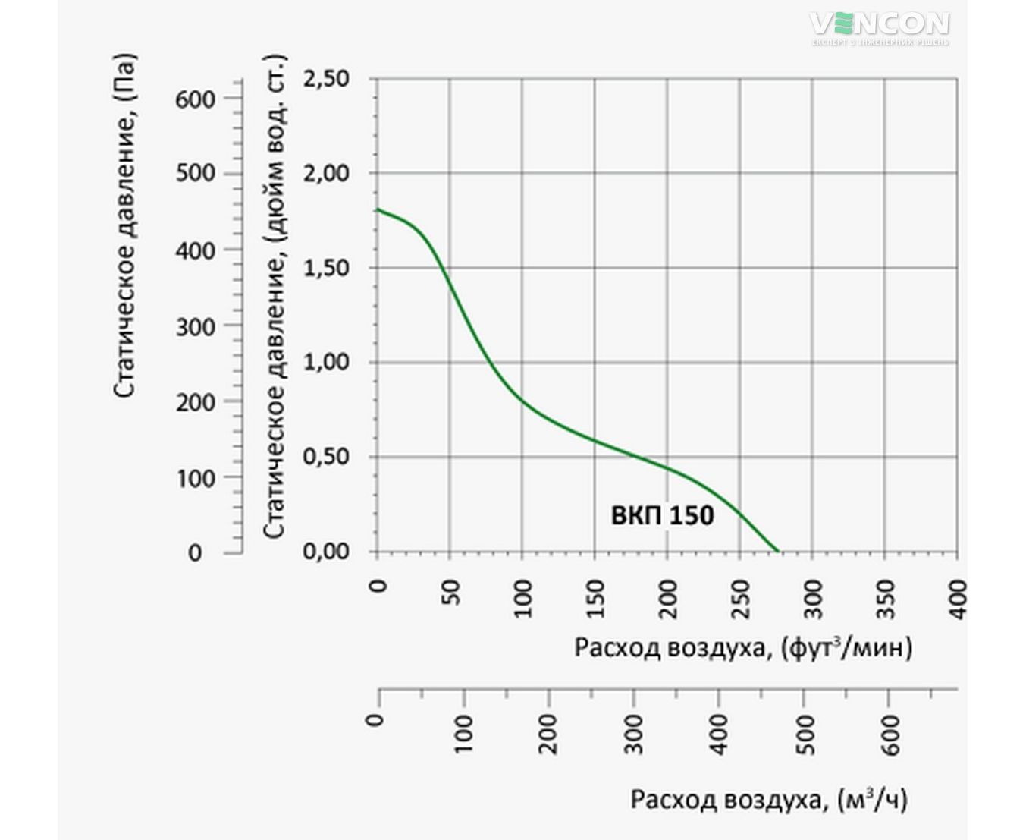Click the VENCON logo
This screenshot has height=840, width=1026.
click(x=879, y=27)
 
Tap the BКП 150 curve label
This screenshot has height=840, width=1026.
click(x=662, y=516)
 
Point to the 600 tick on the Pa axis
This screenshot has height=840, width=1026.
click(x=196, y=99)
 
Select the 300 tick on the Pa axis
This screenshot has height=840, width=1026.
click(x=196, y=326)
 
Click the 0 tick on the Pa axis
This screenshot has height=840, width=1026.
click(x=196, y=553)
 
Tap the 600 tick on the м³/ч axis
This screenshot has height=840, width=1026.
click(x=892, y=734)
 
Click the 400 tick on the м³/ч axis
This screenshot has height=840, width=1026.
click(x=720, y=734)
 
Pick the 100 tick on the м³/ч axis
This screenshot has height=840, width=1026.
click(x=464, y=734)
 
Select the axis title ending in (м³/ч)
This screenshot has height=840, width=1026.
click(x=768, y=800)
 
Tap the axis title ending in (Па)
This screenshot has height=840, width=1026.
click(x=126, y=225)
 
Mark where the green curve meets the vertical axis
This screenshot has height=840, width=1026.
click(x=377, y=209)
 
